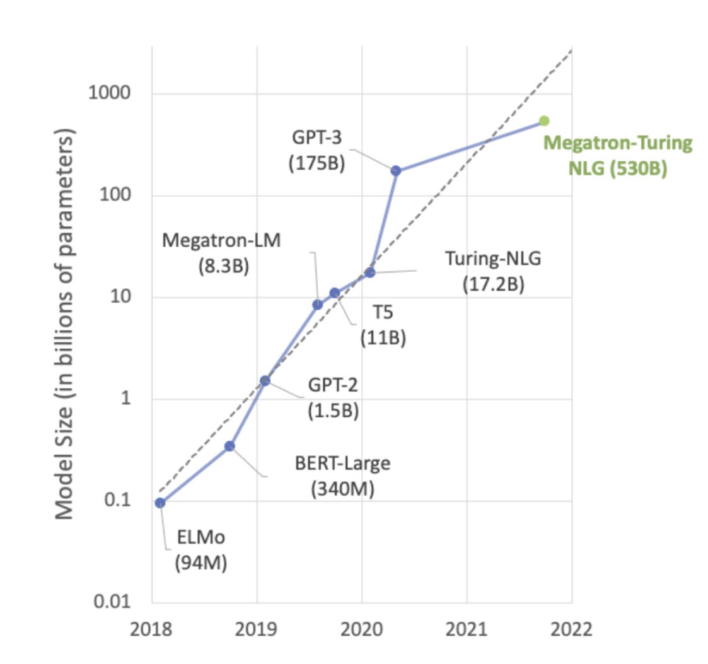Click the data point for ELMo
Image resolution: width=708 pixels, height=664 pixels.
pos(160,503)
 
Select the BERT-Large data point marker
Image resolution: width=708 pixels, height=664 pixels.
pos(230,446)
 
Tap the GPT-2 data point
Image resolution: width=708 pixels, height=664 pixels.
pos(265,380)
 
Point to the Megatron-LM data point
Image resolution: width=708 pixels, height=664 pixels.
pos(318,305)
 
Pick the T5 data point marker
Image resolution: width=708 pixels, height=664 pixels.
pos(335,293)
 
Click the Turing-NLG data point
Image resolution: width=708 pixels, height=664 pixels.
pos(370,272)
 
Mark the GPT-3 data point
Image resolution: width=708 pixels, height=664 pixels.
pos(396,171)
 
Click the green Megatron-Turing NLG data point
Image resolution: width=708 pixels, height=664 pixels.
pos(544,120)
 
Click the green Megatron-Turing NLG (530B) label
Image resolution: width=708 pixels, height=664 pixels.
pos(618,156)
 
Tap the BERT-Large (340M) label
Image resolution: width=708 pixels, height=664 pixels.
pos(343,475)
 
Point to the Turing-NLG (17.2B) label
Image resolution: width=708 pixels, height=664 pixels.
pos(494,271)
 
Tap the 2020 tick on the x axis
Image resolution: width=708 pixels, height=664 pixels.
pos(361,629)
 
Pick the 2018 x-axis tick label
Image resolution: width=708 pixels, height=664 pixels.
pos(151,629)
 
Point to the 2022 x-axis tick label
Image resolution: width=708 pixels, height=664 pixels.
pos(571,629)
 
